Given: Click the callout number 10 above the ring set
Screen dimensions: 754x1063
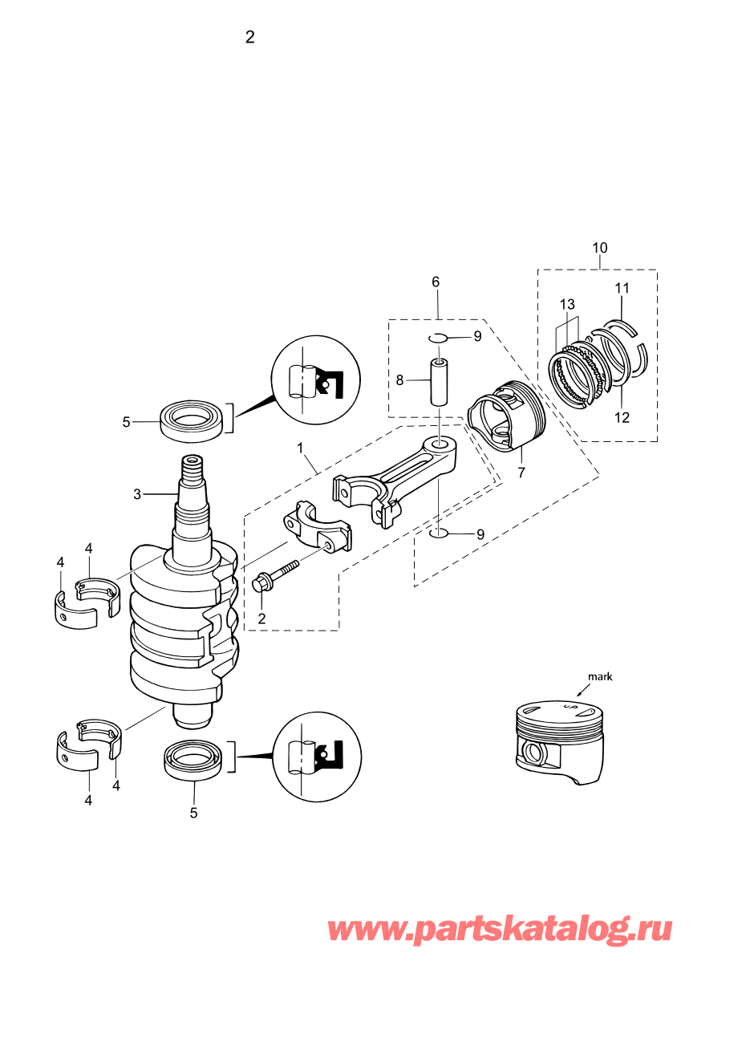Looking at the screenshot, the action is tap(600, 248).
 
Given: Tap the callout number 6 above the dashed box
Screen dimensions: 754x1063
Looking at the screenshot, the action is tap(436, 282).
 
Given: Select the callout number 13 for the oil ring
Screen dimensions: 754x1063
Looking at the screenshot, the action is tap(567, 304).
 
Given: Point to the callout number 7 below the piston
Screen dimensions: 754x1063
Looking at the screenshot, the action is tap(521, 473).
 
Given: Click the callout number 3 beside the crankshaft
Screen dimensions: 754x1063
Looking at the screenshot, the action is tap(137, 494).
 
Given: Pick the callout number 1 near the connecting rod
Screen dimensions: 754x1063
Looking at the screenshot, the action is tap(300, 448).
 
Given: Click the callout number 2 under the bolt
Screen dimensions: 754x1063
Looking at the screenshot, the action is tap(261, 619).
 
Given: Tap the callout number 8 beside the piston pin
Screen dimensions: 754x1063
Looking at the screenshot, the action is tap(399, 380).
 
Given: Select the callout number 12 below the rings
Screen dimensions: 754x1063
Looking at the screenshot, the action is tap(622, 418).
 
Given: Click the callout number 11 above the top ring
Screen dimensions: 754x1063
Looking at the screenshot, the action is tap(622, 288).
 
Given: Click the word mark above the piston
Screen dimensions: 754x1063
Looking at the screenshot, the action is tap(600, 677).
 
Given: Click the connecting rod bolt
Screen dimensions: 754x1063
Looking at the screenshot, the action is tap(276, 574).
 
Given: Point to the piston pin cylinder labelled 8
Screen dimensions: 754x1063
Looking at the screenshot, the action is tap(439, 382).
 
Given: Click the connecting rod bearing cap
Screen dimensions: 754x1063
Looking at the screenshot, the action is tap(318, 525).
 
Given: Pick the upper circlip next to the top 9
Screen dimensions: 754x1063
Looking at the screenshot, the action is tap(437, 338).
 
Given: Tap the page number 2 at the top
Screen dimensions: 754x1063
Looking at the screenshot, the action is tap(250, 38).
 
